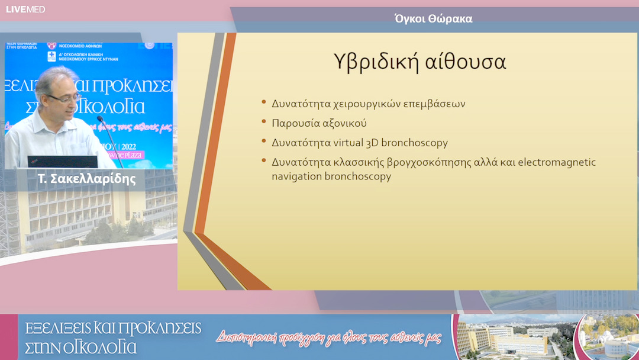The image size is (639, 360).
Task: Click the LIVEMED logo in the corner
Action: click(25, 9)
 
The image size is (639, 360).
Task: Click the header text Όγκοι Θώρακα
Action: click(433, 19)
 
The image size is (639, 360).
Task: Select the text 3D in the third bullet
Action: click(373, 143)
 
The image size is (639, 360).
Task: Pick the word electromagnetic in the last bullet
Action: click(557, 162)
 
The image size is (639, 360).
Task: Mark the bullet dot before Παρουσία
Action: click(264, 123)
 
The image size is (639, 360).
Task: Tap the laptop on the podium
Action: click(62, 162)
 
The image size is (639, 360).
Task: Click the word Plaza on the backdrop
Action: click(157, 156)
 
